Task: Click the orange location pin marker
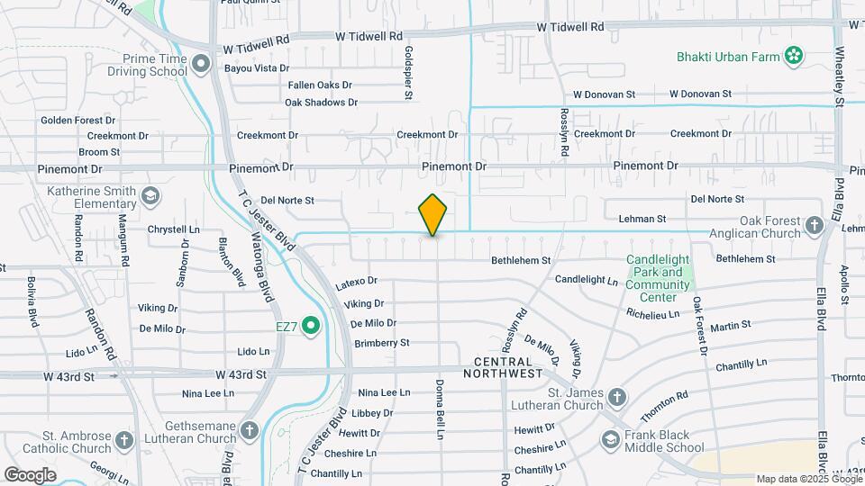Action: pos(433,214)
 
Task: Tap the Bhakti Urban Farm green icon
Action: pos(794,57)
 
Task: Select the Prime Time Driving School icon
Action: pos(201,63)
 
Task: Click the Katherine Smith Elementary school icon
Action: pos(150,195)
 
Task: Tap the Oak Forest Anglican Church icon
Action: pos(815,225)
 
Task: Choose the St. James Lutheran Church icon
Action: pos(617,397)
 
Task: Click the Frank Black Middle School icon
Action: pos(611,439)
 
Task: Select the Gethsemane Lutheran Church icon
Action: pos(250,429)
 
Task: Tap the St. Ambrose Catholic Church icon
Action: pos(124,440)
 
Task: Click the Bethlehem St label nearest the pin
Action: pos(521,261)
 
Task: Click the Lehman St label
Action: pos(642,219)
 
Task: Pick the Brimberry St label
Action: pos(382,343)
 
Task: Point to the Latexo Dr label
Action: pos(356,283)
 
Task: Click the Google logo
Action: pos(30,474)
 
